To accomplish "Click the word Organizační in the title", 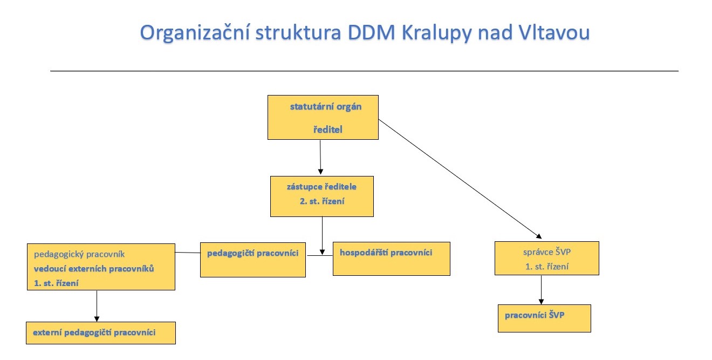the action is tap(195, 33).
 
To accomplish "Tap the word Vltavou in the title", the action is tap(554, 32).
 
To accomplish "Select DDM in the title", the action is tap(371, 32).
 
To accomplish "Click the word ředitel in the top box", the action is tap(328, 130).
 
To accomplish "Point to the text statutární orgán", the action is tap(326, 107).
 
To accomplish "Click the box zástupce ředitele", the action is tap(322, 196).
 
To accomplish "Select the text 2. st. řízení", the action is tap(322, 201).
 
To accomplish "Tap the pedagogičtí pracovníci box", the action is tap(253, 260).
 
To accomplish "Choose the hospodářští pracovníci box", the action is tap(392, 259).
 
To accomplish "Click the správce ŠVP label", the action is tap(547, 252).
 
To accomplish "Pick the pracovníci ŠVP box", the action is tap(544, 318).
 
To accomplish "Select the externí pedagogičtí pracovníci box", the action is tap(101, 333).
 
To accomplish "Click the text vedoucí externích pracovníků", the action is tap(94, 269).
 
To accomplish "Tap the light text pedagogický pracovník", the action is tap(79, 254).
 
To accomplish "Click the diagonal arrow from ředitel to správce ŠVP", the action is tap(460, 179).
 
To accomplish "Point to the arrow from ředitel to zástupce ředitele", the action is tap(320, 157).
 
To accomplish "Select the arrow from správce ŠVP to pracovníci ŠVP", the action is tap(542, 290).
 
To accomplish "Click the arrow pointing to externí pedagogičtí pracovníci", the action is tap(97, 306).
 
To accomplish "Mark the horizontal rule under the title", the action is tap(364, 71).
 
